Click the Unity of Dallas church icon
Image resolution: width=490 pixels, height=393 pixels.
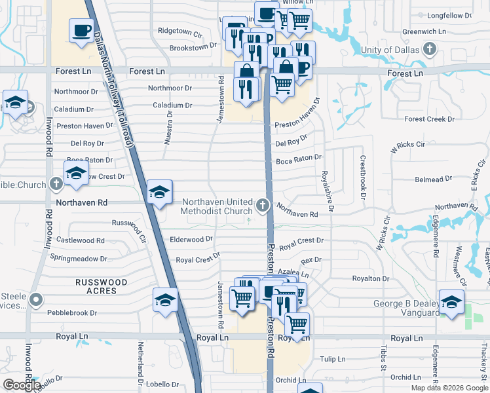430,49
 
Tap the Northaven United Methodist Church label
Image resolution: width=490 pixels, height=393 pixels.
217,206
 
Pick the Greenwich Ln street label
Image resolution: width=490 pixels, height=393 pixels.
424,31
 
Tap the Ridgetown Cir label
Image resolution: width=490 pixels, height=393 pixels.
179,31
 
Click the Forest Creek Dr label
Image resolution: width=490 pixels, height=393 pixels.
429,119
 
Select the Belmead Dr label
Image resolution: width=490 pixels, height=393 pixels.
434,178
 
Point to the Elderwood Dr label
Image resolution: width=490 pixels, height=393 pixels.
191,240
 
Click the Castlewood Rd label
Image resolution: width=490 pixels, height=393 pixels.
81,240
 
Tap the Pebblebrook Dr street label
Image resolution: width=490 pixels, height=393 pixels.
72,313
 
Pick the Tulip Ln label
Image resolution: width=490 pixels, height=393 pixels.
333,359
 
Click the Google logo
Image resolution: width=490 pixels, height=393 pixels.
22,385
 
